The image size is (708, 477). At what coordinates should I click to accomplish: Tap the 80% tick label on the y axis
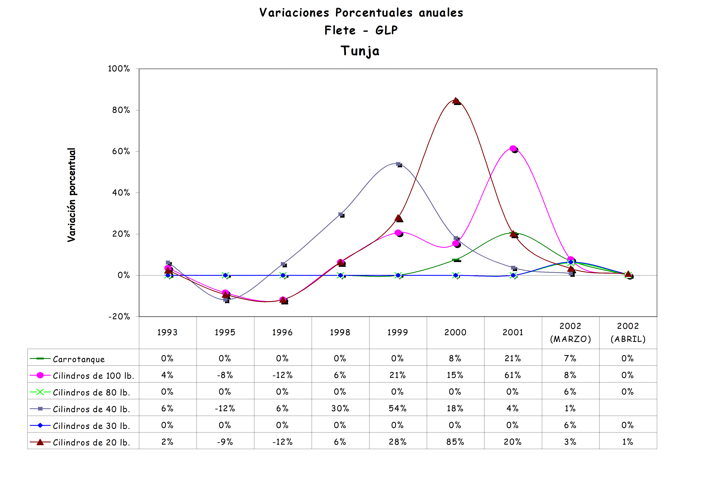[x=121, y=110]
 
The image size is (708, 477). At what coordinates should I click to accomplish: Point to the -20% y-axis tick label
[x=119, y=317]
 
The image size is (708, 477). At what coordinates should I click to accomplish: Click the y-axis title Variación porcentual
[x=71, y=195]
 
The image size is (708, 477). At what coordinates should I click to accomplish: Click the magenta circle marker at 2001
[x=513, y=149]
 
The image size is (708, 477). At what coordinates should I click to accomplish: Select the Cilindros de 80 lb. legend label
[x=91, y=392]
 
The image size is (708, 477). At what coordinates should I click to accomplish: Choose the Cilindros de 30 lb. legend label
[x=91, y=426]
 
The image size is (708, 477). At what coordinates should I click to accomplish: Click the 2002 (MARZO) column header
[x=570, y=333]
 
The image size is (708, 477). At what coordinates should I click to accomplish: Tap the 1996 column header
[x=282, y=333]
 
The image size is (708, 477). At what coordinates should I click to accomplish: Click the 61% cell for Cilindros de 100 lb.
[x=513, y=375]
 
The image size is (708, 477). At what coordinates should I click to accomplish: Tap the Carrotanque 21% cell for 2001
[x=513, y=358]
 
